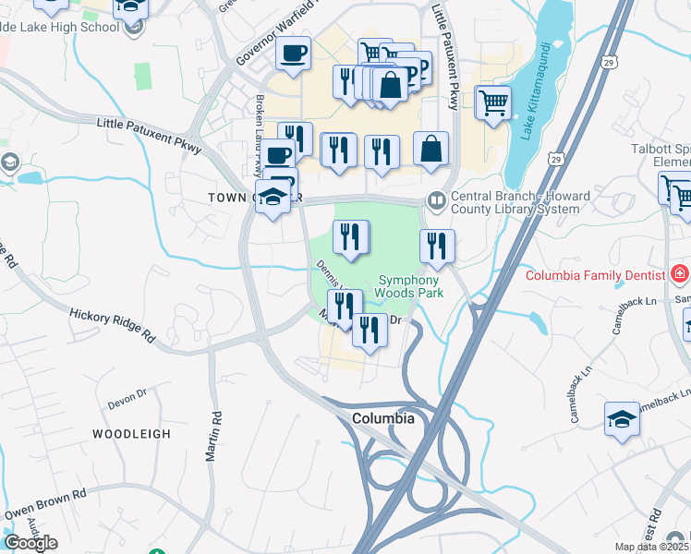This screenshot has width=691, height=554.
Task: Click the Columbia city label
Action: coord(382,418)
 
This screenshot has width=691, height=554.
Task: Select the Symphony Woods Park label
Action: coord(409,286)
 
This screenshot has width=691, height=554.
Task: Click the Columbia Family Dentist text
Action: coord(596,275)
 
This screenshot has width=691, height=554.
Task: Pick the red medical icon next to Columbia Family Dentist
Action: coord(680,274)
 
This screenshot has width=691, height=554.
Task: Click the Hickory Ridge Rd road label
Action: coord(112,326)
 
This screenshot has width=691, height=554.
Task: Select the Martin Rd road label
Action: coord(215,438)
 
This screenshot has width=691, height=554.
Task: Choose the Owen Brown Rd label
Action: coord(46,503)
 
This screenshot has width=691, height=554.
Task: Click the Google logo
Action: coord(30,543)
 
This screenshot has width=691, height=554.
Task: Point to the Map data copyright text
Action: coord(651,547)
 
